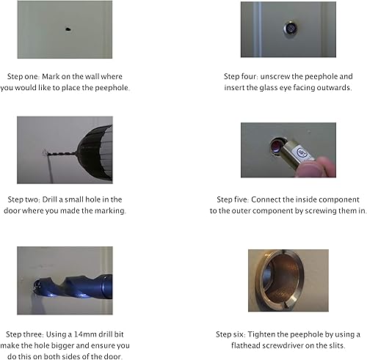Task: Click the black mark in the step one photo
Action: [68, 29]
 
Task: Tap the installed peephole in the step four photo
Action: [291, 29]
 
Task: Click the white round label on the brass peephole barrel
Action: [302, 153]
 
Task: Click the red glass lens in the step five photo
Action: [276, 147]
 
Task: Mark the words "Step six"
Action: [230, 334]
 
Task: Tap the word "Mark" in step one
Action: [51, 76]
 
